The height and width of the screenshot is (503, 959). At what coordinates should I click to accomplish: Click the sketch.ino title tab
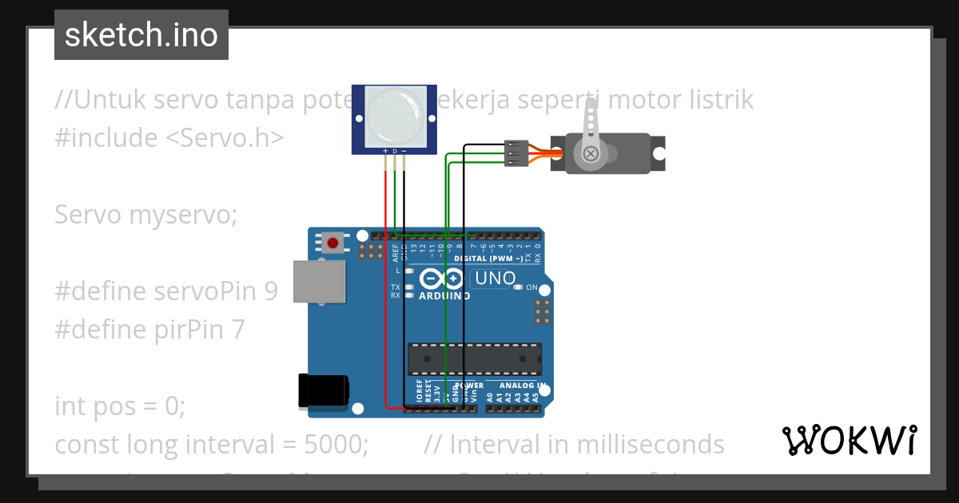pyautogui.click(x=141, y=35)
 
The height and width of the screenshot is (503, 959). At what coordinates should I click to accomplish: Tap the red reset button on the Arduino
pyautogui.click(x=332, y=241)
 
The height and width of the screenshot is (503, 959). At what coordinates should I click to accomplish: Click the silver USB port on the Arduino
pyautogui.click(x=319, y=281)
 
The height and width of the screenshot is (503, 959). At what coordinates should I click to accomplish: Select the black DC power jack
pyautogui.click(x=323, y=390)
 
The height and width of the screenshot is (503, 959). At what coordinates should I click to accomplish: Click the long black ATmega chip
pyautogui.click(x=474, y=359)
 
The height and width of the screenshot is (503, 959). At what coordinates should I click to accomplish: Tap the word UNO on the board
pyautogui.click(x=495, y=279)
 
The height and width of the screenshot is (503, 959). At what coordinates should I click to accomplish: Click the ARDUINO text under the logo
pyautogui.click(x=444, y=296)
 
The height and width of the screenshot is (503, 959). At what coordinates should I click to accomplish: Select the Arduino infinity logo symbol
pyautogui.click(x=441, y=279)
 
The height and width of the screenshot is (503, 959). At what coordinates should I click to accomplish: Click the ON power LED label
pyautogui.click(x=531, y=287)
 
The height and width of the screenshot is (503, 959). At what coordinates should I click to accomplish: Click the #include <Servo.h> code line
pyautogui.click(x=169, y=138)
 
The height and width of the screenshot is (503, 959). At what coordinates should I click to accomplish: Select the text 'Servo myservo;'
pyautogui.click(x=146, y=215)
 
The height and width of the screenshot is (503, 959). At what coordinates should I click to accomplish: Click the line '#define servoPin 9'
pyautogui.click(x=166, y=291)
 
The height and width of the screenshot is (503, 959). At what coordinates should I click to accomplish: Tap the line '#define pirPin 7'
pyautogui.click(x=149, y=330)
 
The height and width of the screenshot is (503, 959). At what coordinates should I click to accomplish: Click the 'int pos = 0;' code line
pyautogui.click(x=120, y=406)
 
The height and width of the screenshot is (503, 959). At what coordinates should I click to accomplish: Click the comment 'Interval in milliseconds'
pyautogui.click(x=587, y=445)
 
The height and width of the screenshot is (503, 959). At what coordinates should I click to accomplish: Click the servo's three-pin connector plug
pyautogui.click(x=517, y=153)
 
